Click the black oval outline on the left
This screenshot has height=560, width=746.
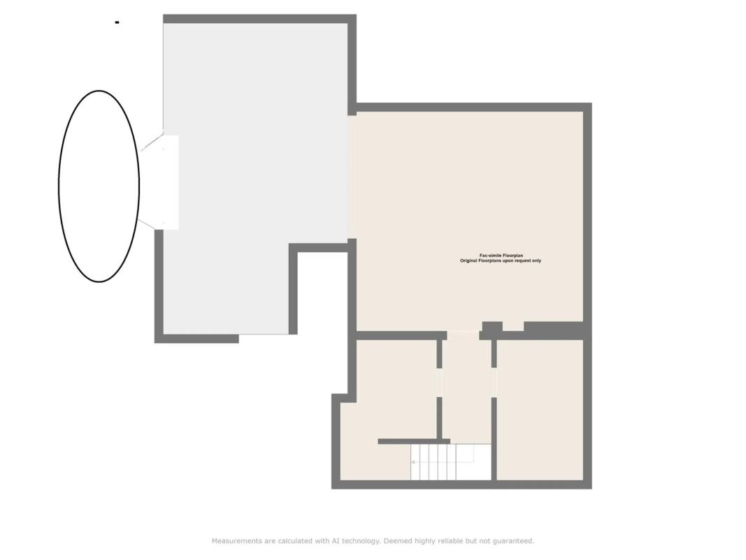(x=59, y=185)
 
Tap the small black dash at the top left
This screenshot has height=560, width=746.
(x=117, y=22)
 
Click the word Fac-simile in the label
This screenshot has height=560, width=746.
(x=490, y=255)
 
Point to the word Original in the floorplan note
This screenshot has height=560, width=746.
(x=468, y=261)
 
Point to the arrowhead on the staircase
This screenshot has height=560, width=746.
(x=413, y=462)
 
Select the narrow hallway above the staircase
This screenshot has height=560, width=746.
(x=466, y=391)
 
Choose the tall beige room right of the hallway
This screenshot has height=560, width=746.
(x=540, y=409)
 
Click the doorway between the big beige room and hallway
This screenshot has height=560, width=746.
(x=462, y=335)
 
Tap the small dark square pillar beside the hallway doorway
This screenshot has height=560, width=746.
(x=492, y=327)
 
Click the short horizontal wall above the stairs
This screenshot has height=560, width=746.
(x=414, y=442)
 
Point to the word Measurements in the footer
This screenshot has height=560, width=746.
(x=237, y=541)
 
